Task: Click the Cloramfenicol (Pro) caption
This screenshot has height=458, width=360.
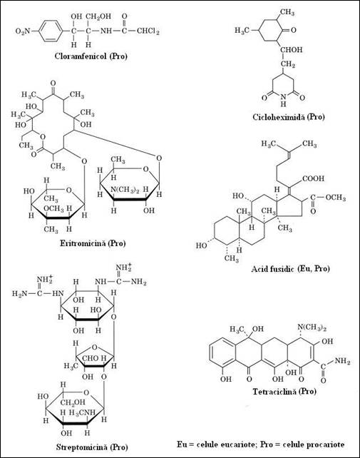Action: (x=91, y=56)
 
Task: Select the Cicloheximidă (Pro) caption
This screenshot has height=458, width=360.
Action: (x=289, y=117)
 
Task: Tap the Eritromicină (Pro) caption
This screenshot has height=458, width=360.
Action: (x=93, y=243)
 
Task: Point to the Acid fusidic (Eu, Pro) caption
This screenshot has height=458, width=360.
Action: (x=290, y=268)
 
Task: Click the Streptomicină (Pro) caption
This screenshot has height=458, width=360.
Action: (x=92, y=447)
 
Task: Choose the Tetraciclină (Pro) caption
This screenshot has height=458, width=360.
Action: (x=284, y=391)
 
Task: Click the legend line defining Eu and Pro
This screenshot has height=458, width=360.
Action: (x=260, y=444)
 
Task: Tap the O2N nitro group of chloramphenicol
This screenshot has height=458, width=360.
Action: (x=23, y=31)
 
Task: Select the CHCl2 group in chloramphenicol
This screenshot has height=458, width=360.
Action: (x=148, y=31)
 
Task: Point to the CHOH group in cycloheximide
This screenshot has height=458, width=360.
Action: (x=292, y=50)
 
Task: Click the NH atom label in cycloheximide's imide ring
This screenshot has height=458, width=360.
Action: (x=283, y=100)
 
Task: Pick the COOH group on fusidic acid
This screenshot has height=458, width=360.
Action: (x=314, y=178)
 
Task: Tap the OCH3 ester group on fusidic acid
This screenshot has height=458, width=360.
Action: (x=336, y=198)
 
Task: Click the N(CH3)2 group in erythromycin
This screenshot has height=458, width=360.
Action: (x=125, y=190)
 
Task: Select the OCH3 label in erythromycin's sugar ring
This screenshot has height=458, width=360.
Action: (x=53, y=208)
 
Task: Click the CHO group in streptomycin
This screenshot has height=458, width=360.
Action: (x=91, y=358)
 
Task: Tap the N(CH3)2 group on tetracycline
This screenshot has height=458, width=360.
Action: (x=312, y=327)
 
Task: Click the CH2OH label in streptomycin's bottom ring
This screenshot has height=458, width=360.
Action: (x=73, y=402)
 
